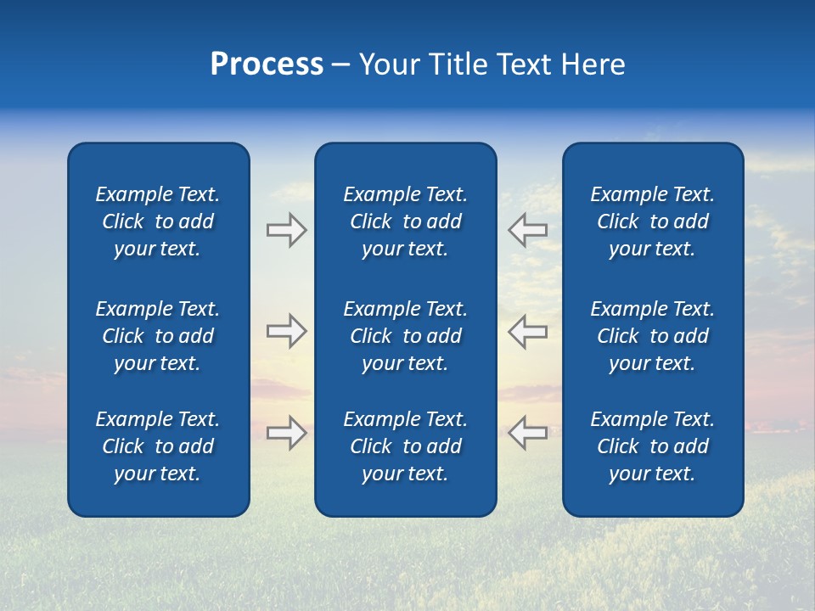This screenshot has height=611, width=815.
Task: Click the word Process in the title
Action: (267, 64)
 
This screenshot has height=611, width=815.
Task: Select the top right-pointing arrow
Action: (286, 230)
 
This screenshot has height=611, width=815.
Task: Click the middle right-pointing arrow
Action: (286, 331)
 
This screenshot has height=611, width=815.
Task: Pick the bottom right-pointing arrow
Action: (286, 432)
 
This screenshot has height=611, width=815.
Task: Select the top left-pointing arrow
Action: (527, 230)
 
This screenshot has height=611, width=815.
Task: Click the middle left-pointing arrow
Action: (527, 331)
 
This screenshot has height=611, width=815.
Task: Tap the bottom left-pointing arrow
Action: (527, 432)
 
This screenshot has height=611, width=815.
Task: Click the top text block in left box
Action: (157, 221)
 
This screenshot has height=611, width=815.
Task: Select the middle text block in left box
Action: (157, 336)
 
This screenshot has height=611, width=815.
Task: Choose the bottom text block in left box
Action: (157, 446)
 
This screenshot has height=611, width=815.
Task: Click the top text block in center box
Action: (405, 221)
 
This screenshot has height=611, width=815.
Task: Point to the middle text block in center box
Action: (405, 336)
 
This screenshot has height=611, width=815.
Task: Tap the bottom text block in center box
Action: (405, 446)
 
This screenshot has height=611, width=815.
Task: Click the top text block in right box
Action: (652, 221)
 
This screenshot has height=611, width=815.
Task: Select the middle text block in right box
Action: (652, 336)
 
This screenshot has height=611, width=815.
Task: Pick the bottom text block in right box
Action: (652, 446)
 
